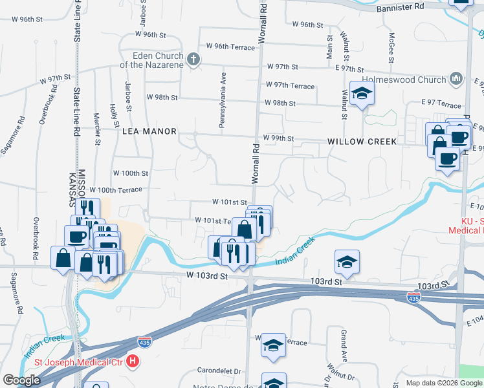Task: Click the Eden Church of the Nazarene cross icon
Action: (x=193, y=60)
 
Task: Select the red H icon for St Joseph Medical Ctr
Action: (x=133, y=361)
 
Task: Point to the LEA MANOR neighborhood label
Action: (x=149, y=131)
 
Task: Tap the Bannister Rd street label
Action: (x=401, y=6)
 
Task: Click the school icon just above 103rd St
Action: (x=347, y=262)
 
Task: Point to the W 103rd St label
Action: (x=208, y=276)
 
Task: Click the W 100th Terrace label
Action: (x=116, y=189)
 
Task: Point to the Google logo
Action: (x=22, y=380)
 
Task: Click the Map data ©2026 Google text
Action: (x=443, y=383)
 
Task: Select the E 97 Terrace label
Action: (x=442, y=103)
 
